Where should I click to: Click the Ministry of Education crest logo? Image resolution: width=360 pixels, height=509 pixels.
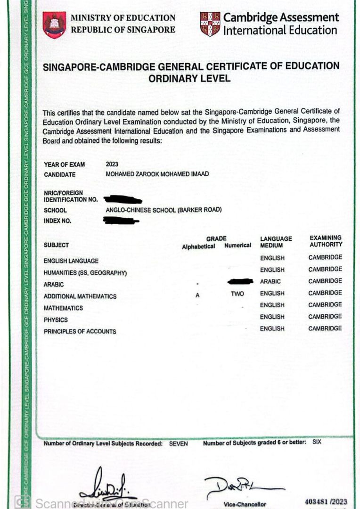[54, 25]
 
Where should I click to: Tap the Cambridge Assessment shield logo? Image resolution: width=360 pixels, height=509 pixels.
[210, 24]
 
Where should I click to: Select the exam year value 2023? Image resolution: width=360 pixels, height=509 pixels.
[113, 164]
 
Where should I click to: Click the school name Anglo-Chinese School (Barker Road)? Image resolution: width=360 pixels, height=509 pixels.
[164, 210]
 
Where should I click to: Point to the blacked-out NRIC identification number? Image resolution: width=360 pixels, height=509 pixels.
[123, 199]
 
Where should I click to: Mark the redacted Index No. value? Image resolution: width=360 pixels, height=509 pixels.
[121, 220]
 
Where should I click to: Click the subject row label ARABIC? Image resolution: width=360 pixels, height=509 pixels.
[54, 285]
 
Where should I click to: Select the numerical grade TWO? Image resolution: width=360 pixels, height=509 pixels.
[237, 293]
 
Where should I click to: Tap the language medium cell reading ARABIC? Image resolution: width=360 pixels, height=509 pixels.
[270, 281]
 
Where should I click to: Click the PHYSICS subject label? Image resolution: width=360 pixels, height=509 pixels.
[56, 320]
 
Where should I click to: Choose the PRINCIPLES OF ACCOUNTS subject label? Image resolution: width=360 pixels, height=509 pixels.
[80, 331]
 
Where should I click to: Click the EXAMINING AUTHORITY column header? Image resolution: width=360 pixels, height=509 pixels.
[326, 241]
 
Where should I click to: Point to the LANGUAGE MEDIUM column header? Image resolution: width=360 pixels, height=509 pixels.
[276, 242]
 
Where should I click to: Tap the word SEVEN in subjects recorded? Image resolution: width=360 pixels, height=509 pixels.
[178, 443]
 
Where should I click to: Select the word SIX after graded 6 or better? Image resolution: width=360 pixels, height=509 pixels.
[317, 442]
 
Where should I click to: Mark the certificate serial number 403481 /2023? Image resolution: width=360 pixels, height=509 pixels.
[326, 501]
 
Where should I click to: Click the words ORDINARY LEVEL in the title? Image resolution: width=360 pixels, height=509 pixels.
[189, 78]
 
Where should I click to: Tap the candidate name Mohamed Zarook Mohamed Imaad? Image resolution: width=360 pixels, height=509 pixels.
[157, 174]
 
